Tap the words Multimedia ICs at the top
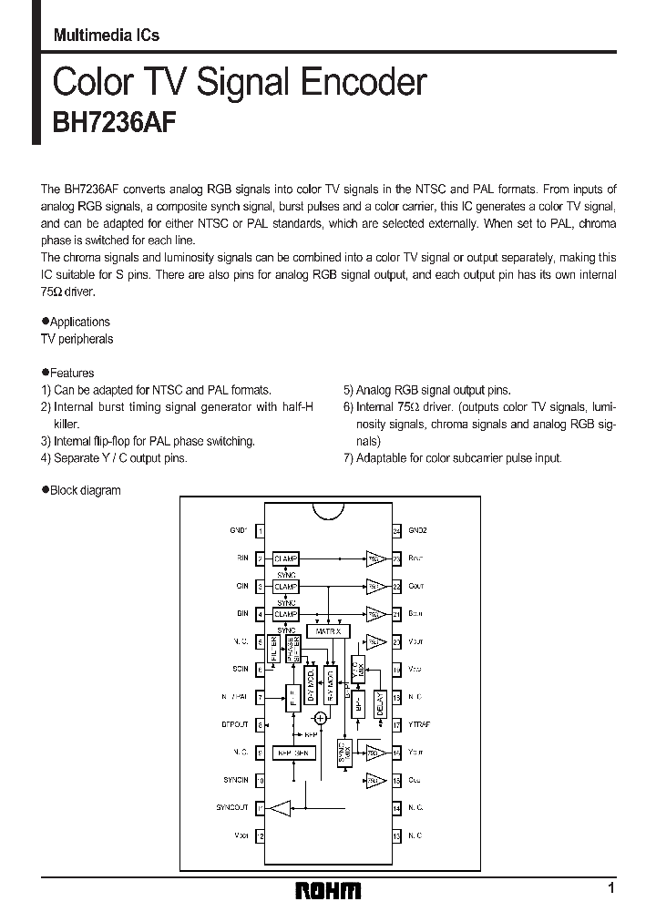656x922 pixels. point(106,36)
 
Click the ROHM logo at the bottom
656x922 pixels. point(329,890)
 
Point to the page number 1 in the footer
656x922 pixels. point(611,888)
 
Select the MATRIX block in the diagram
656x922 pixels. point(327,630)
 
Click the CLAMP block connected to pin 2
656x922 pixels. point(285,558)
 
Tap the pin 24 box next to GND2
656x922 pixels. point(396,530)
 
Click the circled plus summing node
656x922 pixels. point(319,719)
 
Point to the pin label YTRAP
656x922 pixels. point(419,725)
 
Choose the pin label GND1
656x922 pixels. point(238,530)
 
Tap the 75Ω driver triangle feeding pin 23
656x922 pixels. point(374,558)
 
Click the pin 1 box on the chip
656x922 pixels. point(261,530)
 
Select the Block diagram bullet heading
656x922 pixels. point(81,490)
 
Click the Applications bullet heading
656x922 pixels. point(76,322)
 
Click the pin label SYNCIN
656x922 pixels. point(235,781)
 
